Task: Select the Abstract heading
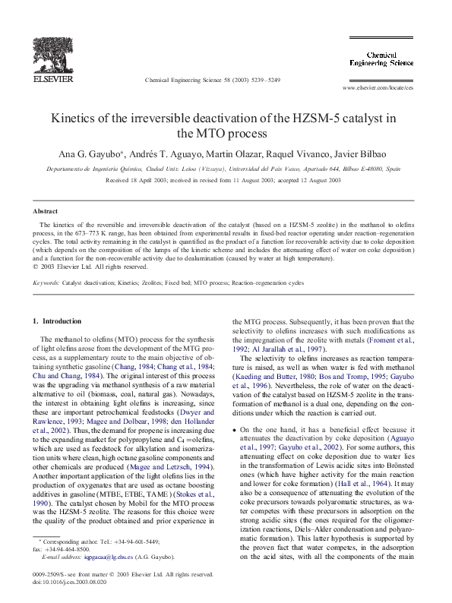(46, 211)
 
